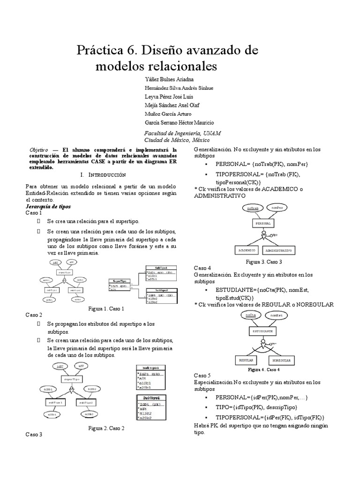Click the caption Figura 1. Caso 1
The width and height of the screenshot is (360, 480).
tap(106, 309)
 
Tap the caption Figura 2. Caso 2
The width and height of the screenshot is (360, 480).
tap(106, 428)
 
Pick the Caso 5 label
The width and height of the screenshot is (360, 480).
tap(203, 375)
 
